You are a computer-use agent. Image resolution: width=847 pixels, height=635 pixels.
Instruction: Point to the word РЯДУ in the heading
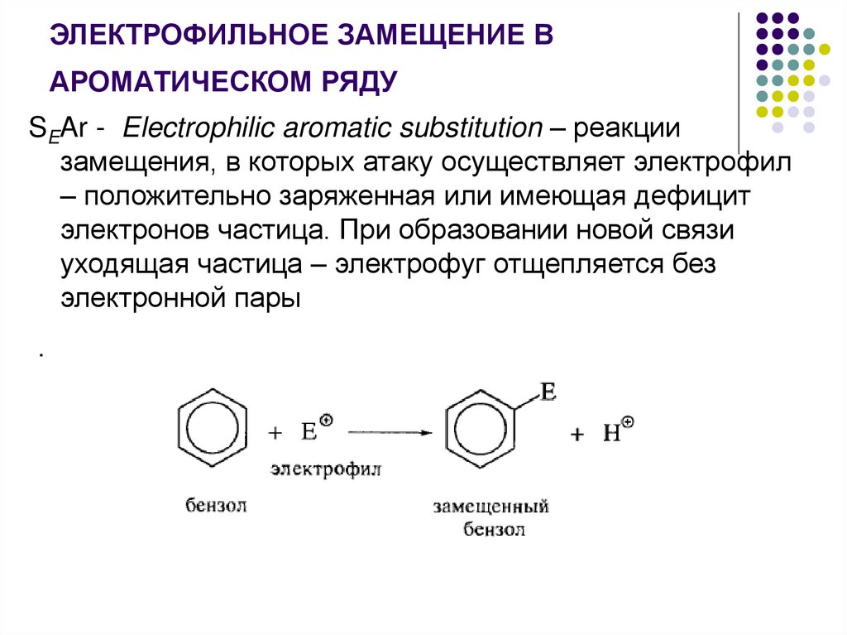pyautogui.click(x=358, y=81)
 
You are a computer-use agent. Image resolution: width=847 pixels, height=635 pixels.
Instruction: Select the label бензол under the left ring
pyautogui.click(x=217, y=505)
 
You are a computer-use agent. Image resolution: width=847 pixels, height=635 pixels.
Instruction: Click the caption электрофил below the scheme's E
pyautogui.click(x=326, y=470)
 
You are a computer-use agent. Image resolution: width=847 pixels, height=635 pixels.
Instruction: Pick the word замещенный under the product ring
pyautogui.click(x=490, y=507)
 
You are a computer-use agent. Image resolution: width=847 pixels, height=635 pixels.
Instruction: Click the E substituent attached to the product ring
pyautogui.click(x=548, y=392)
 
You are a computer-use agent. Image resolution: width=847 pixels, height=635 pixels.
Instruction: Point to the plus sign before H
pyautogui.click(x=577, y=434)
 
